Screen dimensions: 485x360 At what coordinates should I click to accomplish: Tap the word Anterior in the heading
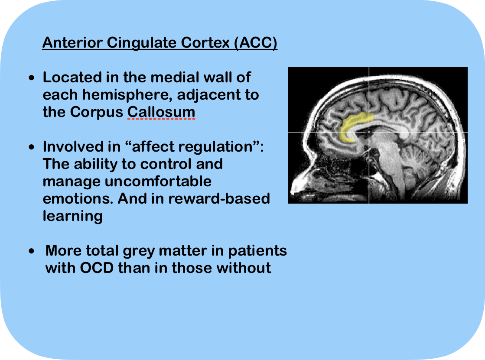72,43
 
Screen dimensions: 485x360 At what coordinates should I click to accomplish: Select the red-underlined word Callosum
161,112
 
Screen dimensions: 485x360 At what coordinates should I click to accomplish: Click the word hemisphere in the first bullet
127,95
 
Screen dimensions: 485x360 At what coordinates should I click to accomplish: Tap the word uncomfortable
158,181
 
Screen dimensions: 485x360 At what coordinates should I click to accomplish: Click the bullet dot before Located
32,78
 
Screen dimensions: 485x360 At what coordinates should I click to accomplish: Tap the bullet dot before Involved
32,147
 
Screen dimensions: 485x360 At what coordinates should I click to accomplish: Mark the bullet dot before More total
32,251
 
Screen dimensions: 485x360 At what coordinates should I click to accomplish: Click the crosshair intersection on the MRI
369,132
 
